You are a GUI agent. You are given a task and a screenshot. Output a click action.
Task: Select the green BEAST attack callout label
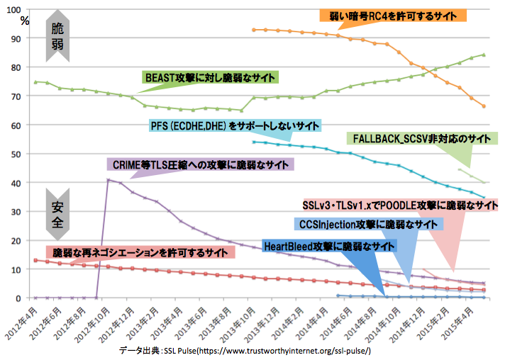210,77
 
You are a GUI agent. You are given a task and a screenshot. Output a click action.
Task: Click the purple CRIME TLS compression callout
202,164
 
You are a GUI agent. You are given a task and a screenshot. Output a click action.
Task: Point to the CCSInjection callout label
367,224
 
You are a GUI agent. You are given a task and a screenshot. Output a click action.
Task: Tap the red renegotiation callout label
141,252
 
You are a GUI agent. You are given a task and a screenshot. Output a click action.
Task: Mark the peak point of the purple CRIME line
109,180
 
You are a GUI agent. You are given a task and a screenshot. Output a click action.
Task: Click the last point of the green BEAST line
484,55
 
